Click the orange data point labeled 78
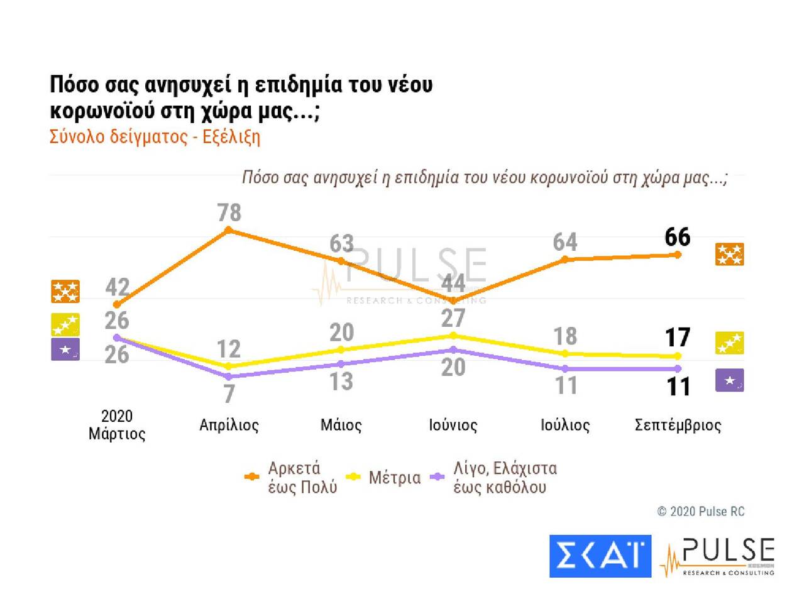(x=229, y=230)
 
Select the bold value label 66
(x=678, y=238)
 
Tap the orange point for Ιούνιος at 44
(x=453, y=300)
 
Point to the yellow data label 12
(x=229, y=349)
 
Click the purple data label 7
(x=229, y=393)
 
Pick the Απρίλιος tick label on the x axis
(x=229, y=425)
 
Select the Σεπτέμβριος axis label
(x=678, y=425)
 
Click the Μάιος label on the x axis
(x=341, y=425)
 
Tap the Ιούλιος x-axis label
(x=565, y=425)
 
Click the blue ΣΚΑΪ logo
(x=600, y=556)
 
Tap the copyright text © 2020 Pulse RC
(x=700, y=511)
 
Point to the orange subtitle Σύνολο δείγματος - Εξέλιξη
(x=155, y=137)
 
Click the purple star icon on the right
(x=729, y=380)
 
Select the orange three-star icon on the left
(x=65, y=292)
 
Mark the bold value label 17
(x=678, y=338)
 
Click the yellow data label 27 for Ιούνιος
(x=453, y=318)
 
